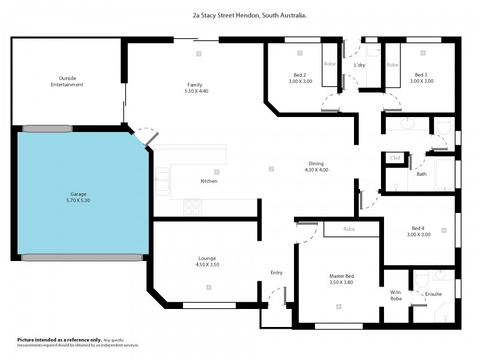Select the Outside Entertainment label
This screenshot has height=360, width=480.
pos(67,81)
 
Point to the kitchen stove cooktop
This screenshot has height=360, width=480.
pos(192,207)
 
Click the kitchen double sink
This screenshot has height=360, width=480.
pos(162,181)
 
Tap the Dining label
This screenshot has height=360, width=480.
pos(316,163)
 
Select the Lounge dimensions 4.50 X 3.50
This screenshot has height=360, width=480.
pos(208,265)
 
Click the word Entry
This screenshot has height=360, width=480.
pos(276,272)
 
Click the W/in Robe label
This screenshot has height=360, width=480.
pos(396,295)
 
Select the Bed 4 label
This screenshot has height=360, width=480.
pos(418,228)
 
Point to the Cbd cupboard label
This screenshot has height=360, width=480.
pos(395,158)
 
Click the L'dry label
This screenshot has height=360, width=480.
pos(360,65)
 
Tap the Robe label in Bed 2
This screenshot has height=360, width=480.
pos(330,64)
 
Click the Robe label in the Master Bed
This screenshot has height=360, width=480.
pos(349,229)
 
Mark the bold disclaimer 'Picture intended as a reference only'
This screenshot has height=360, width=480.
pos(60,340)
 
